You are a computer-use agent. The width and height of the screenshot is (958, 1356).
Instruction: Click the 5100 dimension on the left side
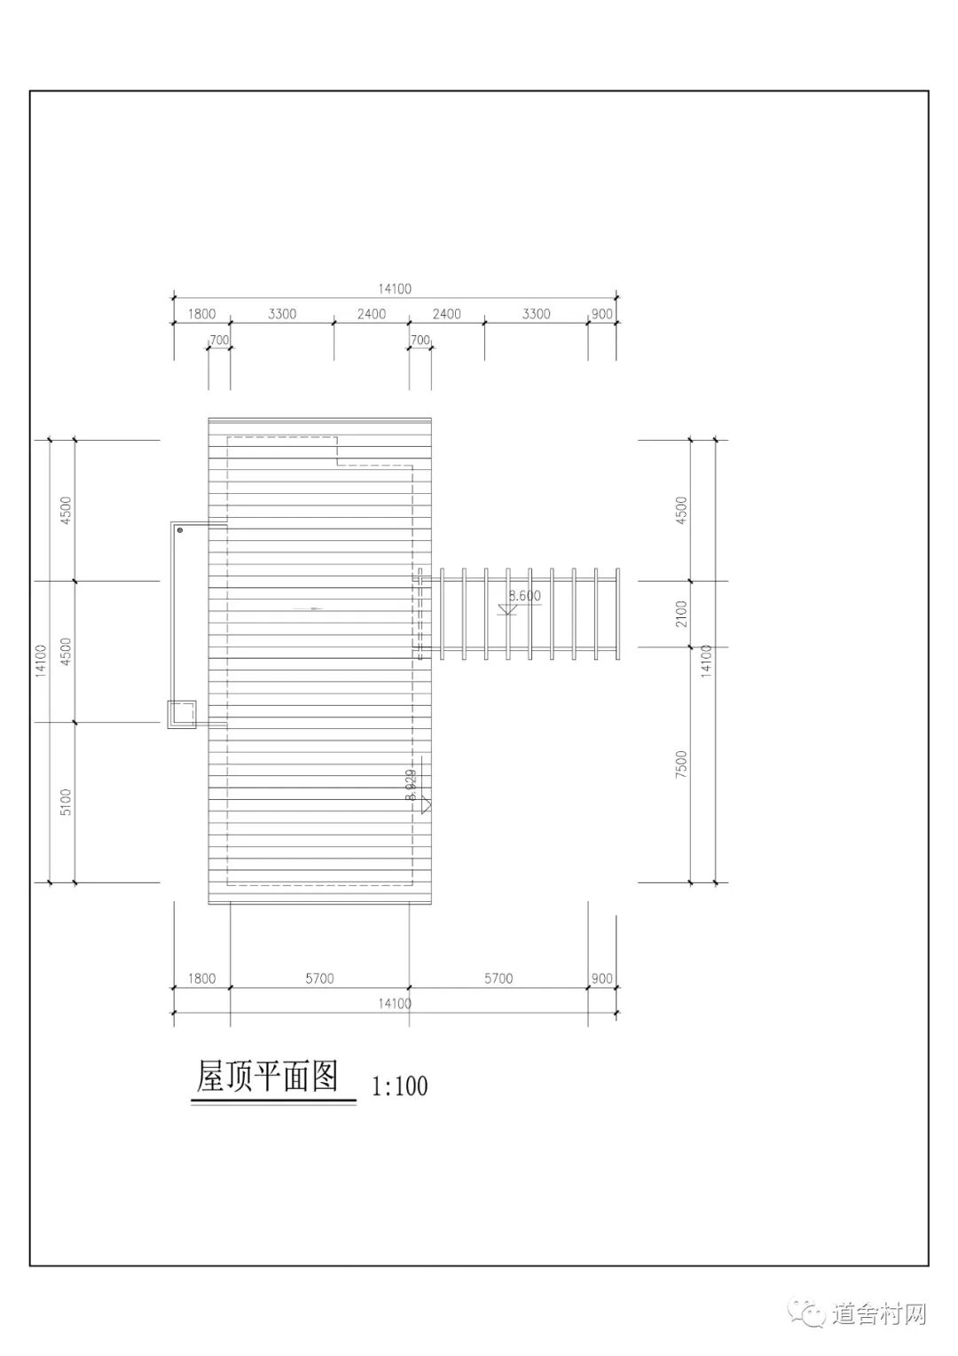tap(66, 802)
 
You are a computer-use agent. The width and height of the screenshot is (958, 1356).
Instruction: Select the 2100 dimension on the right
tap(681, 614)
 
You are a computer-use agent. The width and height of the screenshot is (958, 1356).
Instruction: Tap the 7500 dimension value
tap(681, 764)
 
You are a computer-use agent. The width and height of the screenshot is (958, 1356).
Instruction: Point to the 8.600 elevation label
tap(524, 596)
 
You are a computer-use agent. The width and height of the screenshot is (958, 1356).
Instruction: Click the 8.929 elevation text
tap(410, 786)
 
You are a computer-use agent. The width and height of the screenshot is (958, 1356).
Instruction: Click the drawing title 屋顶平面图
tap(267, 1078)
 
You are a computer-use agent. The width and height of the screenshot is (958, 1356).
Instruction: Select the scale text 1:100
tap(399, 1086)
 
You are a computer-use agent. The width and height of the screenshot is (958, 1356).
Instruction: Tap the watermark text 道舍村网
tap(880, 1313)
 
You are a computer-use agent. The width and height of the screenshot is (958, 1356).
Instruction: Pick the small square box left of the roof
tap(182, 714)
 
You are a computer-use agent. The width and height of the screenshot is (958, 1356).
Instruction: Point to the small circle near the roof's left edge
tap(180, 530)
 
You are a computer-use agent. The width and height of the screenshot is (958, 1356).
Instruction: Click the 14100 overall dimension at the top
tap(395, 288)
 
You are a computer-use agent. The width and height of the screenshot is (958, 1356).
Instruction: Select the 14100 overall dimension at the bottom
tap(395, 1003)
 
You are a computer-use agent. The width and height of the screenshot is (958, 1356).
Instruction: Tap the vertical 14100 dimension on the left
tap(40, 661)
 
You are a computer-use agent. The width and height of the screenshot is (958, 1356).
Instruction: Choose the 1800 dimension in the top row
tap(202, 314)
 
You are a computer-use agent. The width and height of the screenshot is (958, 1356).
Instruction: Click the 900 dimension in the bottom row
tap(601, 978)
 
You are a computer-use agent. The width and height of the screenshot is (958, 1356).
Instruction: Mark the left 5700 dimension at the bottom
tap(319, 978)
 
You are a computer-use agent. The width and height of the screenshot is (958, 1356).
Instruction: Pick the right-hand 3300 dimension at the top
tap(536, 314)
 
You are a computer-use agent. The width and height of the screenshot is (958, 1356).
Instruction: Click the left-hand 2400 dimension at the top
tap(372, 314)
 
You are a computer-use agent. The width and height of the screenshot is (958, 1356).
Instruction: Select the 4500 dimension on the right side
tap(681, 510)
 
